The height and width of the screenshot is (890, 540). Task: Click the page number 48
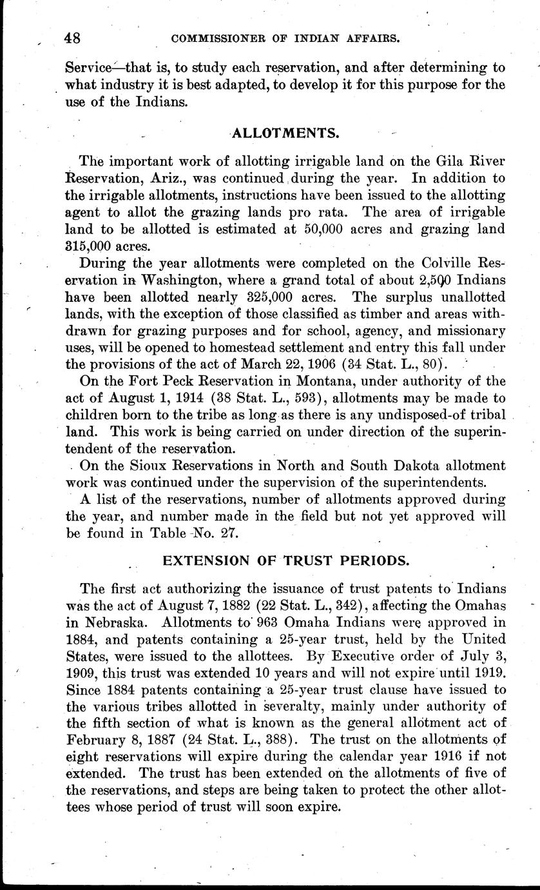click(x=73, y=38)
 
